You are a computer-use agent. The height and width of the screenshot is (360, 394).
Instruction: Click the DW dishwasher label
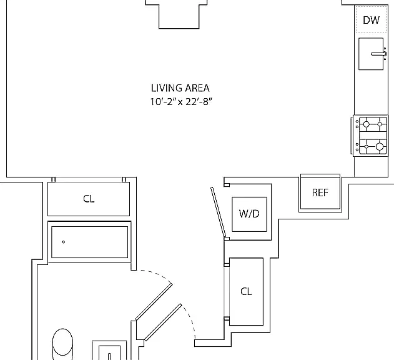coord(371,20)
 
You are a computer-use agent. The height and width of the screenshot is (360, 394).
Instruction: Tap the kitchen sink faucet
coord(379,54)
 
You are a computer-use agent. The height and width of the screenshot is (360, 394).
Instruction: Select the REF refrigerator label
coord(320,192)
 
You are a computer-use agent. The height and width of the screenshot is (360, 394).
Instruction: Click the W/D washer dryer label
coord(249,214)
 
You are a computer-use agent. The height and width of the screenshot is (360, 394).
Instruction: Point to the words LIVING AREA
coord(180,88)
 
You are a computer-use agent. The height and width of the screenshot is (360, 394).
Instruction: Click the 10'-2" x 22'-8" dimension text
coord(181,102)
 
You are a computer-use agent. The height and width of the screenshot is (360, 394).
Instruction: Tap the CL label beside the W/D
coord(246,292)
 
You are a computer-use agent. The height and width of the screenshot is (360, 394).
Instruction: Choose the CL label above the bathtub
coord(89,199)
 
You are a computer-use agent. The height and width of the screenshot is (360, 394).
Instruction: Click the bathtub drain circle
coord(63,242)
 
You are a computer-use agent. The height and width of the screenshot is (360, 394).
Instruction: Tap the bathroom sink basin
coord(109,352)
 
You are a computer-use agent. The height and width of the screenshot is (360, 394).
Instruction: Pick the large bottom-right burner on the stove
coord(380,146)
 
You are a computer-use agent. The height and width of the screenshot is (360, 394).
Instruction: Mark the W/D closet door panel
coord(219,212)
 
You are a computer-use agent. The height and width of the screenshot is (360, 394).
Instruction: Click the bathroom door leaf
coord(154,302)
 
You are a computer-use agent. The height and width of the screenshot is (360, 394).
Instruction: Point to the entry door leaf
coord(163,322)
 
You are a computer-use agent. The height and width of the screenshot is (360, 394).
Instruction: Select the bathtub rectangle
coord(89,242)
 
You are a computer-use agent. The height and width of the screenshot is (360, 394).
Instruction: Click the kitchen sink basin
coord(371,54)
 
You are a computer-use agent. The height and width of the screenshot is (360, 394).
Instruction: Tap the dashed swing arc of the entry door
coord(190,320)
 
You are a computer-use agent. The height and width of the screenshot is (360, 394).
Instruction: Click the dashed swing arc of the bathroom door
coord(159,274)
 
